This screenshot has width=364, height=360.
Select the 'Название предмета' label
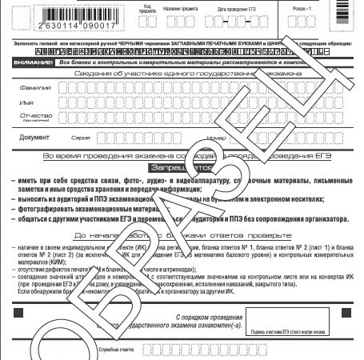(x=180, y=8)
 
